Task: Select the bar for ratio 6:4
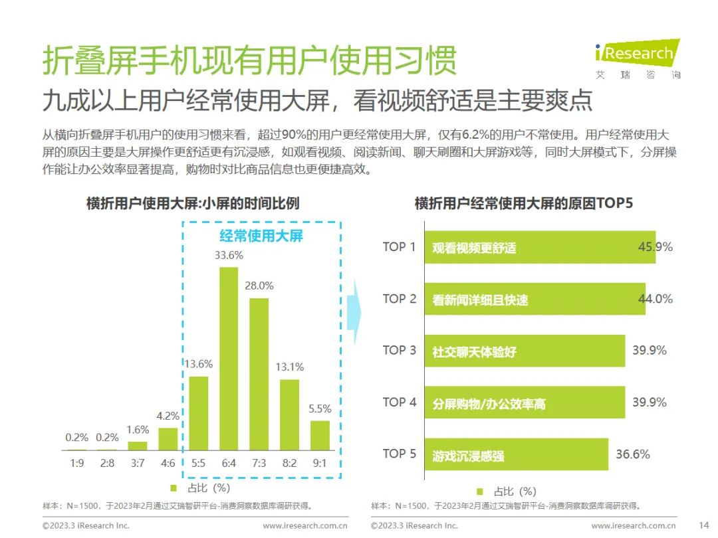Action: pyautogui.click(x=229, y=359)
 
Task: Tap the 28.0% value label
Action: pyautogui.click(x=259, y=285)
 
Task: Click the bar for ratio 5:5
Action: pyautogui.click(x=199, y=413)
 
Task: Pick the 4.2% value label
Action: pyautogui.click(x=168, y=416)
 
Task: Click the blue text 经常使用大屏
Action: pyautogui.click(x=261, y=236)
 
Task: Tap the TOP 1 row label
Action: pyautogui.click(x=399, y=247)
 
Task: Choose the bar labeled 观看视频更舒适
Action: pyautogui.click(x=539, y=248)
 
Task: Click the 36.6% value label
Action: pyautogui.click(x=632, y=455)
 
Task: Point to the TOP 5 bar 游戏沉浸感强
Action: pyautogui.click(x=516, y=455)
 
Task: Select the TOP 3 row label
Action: pyautogui.click(x=399, y=351)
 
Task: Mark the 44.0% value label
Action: pyautogui.click(x=656, y=299)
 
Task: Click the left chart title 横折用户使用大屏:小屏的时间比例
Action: pyautogui.click(x=193, y=203)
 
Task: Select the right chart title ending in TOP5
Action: pyautogui.click(x=524, y=203)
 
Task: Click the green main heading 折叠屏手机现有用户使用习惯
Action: pyautogui.click(x=250, y=61)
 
